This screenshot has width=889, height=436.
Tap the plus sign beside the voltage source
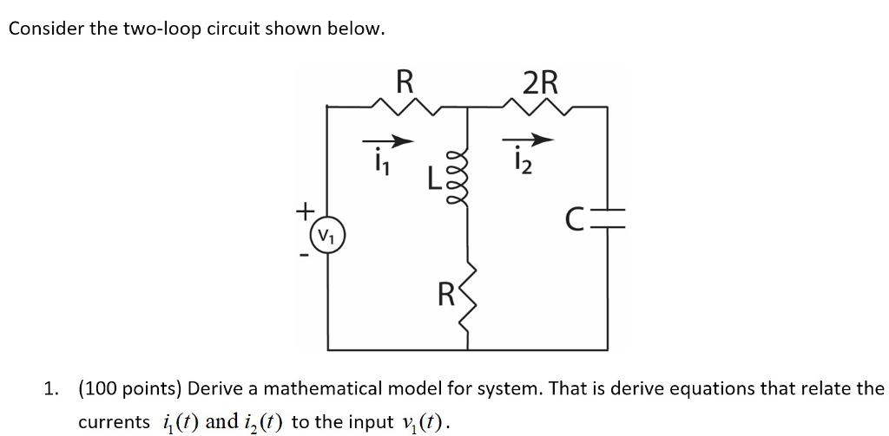(304, 211)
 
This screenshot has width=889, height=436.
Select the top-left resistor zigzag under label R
(405, 107)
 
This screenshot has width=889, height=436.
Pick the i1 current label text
(379, 162)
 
